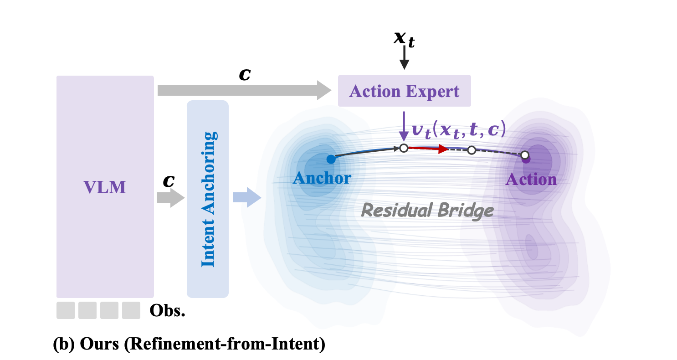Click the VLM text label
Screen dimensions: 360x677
coord(105,187)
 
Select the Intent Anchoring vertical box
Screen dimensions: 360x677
coord(207,199)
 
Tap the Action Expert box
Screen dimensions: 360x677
coord(404,91)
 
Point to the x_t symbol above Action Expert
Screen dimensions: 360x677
coord(404,39)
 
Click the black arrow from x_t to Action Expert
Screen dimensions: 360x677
coord(404,60)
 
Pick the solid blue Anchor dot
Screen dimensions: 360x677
coord(331,159)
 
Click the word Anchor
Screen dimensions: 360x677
coord(322,178)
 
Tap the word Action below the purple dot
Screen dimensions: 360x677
coord(531,179)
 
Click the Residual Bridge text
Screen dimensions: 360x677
coord(427,210)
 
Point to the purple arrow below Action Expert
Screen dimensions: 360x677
coord(403,128)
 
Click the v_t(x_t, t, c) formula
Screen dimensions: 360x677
coord(458,130)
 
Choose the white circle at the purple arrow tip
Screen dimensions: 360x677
coord(403,148)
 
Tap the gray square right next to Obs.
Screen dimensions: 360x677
coord(131,310)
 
